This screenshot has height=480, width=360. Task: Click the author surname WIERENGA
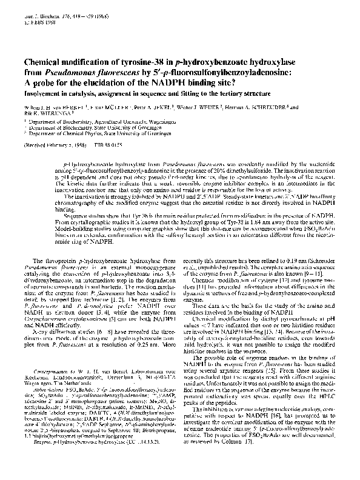coord(56,112)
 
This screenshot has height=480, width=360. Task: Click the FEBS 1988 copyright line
coord(36,17)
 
